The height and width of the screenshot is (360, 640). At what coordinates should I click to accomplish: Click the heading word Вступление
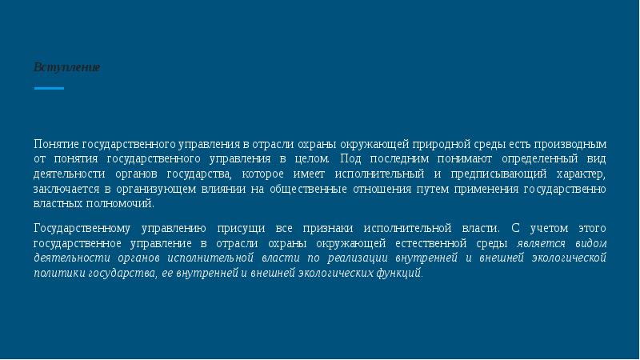[66, 67]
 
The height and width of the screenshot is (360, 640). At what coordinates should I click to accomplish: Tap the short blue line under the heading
[49, 88]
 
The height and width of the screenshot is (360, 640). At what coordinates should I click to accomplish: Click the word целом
[313, 159]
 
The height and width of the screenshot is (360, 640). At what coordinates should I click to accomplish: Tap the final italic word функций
[402, 273]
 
